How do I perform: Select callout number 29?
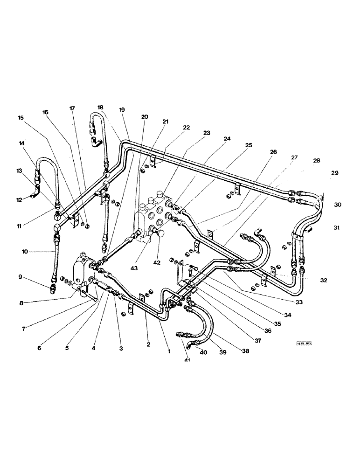[x=334, y=173]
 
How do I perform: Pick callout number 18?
[x=100, y=107]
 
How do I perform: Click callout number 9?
[x=20, y=277]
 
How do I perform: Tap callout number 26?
[x=273, y=151]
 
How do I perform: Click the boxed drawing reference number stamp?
[x=303, y=344]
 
